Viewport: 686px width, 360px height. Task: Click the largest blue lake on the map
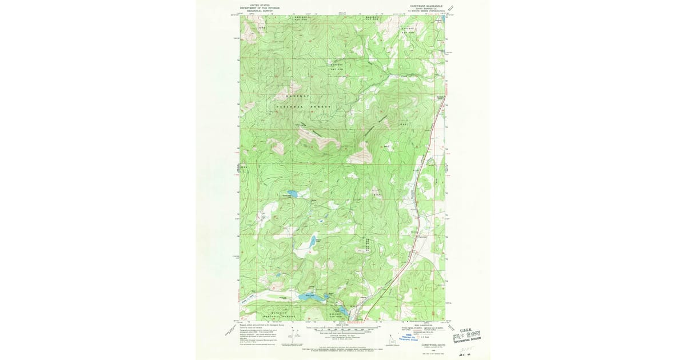pyautogui.click(x=302, y=297)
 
